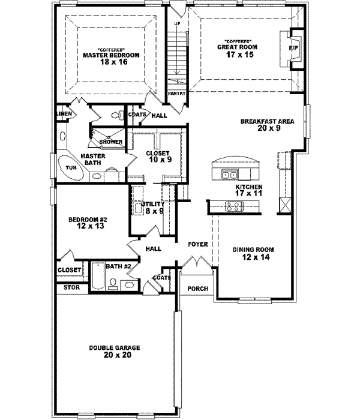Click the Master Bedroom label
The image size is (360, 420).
tap(111, 55)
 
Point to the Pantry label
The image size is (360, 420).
tap(176, 94)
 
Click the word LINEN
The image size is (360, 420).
tap(64, 113)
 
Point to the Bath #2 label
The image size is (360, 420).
tap(118, 266)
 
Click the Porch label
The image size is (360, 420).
tap(198, 289)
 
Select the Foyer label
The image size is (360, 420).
tap(198, 245)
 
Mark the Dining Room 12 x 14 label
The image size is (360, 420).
tap(255, 253)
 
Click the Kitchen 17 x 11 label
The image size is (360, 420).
tap(249, 191)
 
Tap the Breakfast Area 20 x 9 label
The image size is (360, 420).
tap(267, 124)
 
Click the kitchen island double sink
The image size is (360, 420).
tap(229, 175)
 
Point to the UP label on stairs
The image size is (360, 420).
tap(177, 23)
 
